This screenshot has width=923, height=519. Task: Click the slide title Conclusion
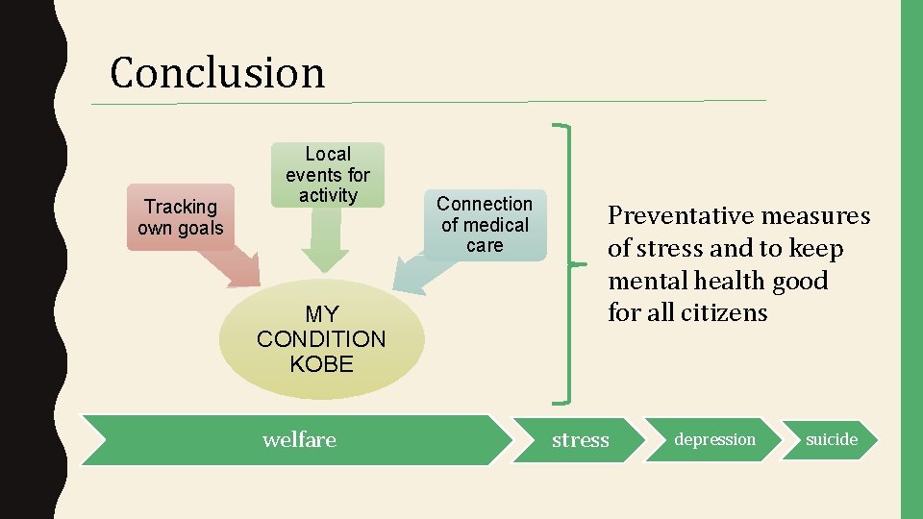click(x=217, y=72)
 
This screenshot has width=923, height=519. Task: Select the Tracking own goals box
click(x=180, y=217)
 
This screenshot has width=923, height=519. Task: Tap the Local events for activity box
click(x=327, y=174)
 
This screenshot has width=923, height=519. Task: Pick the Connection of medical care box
click(x=485, y=225)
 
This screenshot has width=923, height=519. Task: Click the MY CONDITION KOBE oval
click(x=321, y=339)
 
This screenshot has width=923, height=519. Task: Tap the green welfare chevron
click(x=299, y=439)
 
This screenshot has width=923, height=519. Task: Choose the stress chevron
click(x=580, y=439)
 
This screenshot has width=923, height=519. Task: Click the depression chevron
click(x=714, y=439)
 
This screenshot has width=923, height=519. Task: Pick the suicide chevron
click(x=832, y=439)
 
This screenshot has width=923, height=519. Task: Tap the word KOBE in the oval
click(x=321, y=364)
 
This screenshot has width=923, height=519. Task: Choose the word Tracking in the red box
click(x=180, y=207)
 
